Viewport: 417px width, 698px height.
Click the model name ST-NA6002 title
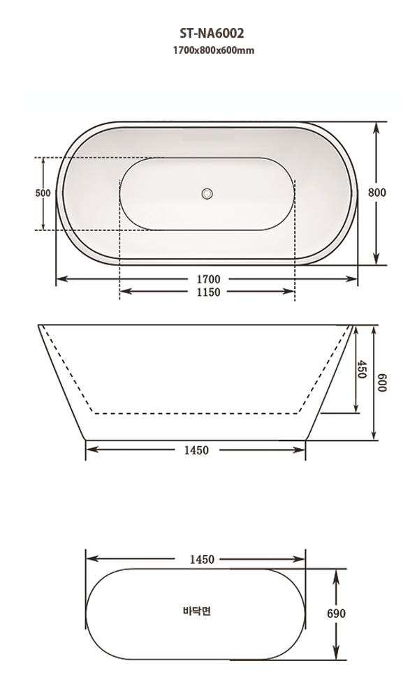208,32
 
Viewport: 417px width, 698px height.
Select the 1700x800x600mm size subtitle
208,50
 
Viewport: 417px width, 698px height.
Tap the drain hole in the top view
207,193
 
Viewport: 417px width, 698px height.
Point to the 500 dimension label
43,193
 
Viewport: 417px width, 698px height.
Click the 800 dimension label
378,193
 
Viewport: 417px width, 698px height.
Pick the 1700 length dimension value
207,279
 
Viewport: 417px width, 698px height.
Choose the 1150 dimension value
207,292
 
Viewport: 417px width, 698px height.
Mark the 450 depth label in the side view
361,369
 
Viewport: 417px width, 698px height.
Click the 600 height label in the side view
381,383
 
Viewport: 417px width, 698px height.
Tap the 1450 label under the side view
196,450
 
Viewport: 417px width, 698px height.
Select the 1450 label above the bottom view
196,559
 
